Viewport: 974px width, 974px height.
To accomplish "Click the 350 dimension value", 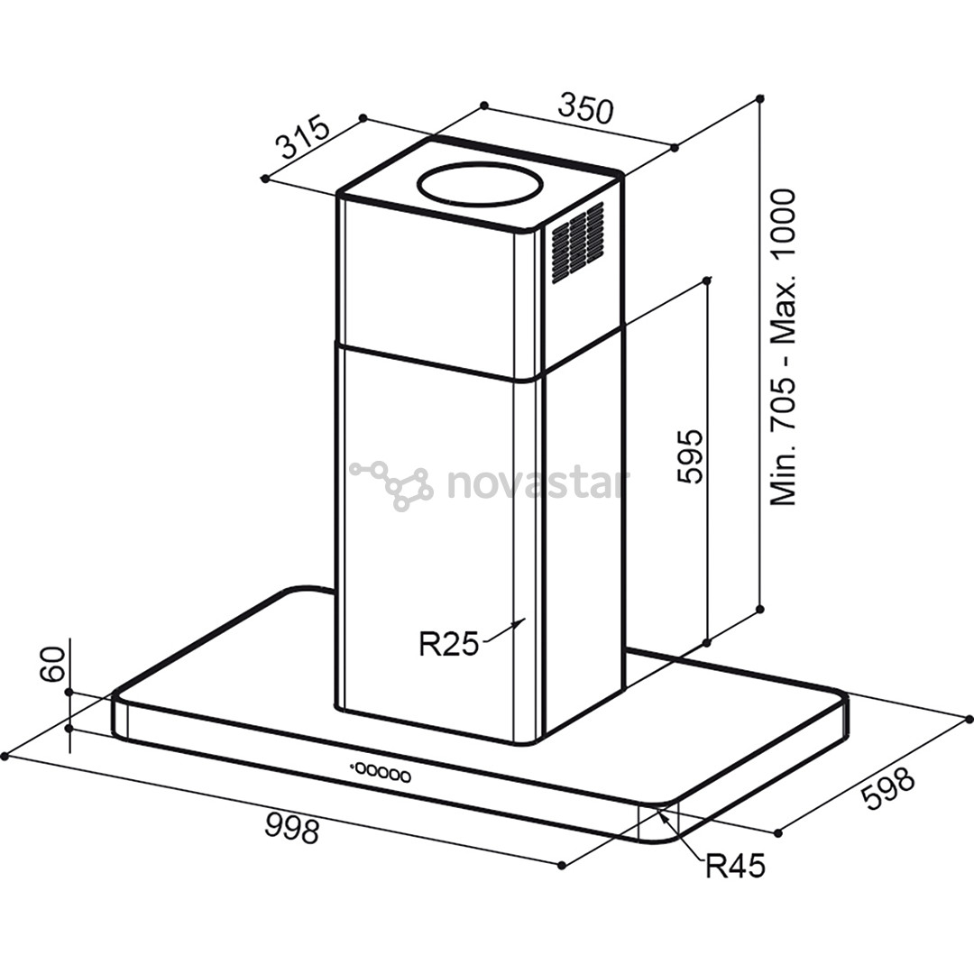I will click(586, 108).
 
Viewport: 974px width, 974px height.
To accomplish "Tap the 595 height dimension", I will click(688, 456).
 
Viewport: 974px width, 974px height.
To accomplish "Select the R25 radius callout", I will click(447, 644).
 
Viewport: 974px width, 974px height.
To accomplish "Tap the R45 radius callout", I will click(734, 866).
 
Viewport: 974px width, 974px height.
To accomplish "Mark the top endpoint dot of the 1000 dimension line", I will click(761, 97).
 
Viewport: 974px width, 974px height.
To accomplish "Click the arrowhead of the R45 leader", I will click(661, 813).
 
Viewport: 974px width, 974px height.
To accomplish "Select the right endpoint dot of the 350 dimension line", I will click(675, 148).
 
